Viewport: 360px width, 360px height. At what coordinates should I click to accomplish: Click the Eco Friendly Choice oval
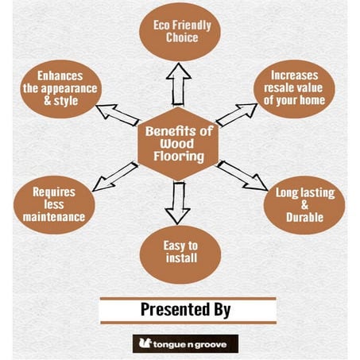tap(180, 32)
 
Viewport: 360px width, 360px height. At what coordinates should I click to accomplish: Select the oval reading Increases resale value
tap(294, 89)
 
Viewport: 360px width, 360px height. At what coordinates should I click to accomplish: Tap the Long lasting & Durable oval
tap(304, 205)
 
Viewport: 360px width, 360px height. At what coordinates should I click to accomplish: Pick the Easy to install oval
tap(180, 254)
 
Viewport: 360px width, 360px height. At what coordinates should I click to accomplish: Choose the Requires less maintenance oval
tap(54, 205)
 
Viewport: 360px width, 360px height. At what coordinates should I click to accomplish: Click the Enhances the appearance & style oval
tap(61, 89)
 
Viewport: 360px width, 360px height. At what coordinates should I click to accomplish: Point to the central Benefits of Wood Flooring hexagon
tap(178, 144)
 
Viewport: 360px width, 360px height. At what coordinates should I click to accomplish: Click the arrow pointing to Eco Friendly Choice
tap(178, 84)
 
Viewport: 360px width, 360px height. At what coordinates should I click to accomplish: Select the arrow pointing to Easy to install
tap(178, 203)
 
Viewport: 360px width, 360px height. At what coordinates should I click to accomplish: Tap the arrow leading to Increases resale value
tap(237, 114)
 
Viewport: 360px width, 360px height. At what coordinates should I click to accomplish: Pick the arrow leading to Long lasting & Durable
tap(242, 176)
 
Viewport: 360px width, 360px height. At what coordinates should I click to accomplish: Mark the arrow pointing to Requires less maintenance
tap(115, 176)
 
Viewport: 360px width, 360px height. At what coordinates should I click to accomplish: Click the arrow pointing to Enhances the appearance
tap(118, 115)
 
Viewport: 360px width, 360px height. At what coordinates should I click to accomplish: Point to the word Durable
tap(304, 218)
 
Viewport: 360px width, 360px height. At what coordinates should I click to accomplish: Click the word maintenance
tap(54, 217)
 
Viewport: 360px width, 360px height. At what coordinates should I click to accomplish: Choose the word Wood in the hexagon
tap(177, 144)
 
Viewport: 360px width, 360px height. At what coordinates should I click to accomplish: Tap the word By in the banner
tap(223, 310)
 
